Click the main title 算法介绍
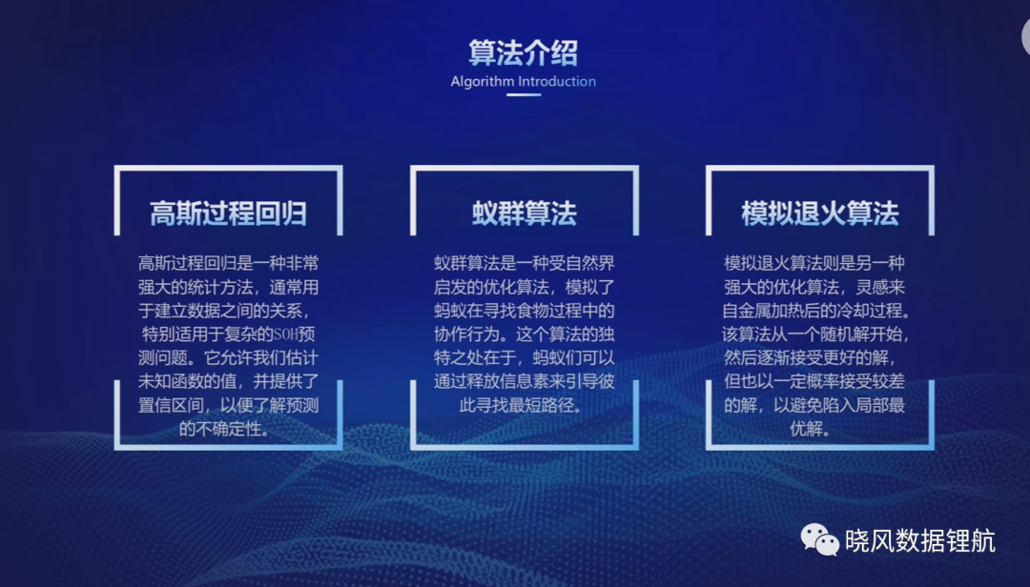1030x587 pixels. [523, 53]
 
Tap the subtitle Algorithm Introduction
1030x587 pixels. [523, 81]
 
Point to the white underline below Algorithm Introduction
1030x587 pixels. [524, 95]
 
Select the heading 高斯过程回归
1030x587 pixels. [228, 213]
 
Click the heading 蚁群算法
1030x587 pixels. [525, 213]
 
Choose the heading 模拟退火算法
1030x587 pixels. [820, 213]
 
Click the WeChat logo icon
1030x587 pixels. [819, 539]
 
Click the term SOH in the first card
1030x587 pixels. [285, 334]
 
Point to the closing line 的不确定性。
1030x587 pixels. [224, 429]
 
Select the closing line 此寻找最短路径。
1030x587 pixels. [521, 405]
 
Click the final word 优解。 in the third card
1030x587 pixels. [810, 429]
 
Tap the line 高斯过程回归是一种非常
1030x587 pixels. [228, 263]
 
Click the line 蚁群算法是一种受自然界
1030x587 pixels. [525, 263]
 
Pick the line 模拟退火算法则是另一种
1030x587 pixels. [814, 263]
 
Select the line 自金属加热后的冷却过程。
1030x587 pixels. [816, 311]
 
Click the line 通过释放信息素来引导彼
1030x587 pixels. [525, 381]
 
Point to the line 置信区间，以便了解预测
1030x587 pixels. [228, 405]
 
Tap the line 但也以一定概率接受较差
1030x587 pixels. [814, 381]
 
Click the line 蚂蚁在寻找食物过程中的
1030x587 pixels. [525, 311]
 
